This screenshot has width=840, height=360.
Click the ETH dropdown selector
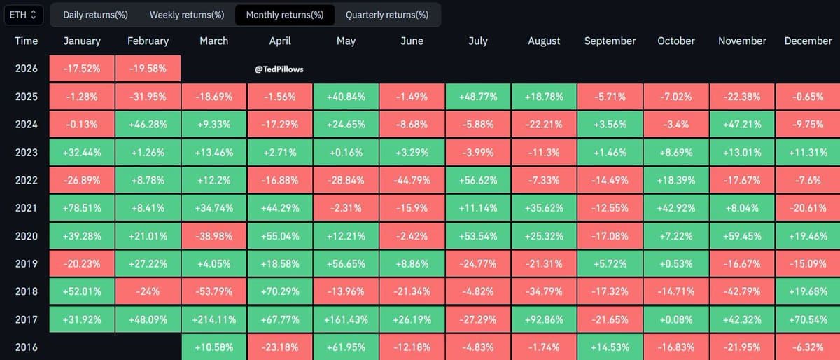coord(25,14)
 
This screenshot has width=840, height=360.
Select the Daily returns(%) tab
coord(95,15)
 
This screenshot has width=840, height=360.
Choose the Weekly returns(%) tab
coord(187,15)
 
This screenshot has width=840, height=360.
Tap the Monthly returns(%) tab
coord(285,15)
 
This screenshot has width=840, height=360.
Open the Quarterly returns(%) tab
coord(387,15)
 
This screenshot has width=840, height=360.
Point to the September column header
coord(610,41)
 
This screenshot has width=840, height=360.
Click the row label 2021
coord(27,207)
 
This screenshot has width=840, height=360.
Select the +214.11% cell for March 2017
coord(213,319)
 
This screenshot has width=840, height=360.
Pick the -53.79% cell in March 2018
coord(213,291)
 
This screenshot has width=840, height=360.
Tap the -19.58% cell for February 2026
coord(148,69)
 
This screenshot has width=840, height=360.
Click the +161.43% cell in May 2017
coord(346,319)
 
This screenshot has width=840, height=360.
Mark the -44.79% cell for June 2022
coord(412,180)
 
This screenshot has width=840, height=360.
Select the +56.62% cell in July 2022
coord(477,180)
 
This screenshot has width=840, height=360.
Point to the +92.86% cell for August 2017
coord(544,319)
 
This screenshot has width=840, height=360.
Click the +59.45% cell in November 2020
coord(742,235)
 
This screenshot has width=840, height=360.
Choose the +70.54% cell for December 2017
coord(808,319)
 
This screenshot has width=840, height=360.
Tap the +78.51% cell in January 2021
coord(82,207)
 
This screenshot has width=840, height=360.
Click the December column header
coord(808,41)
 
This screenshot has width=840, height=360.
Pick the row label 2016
coord(27,347)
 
